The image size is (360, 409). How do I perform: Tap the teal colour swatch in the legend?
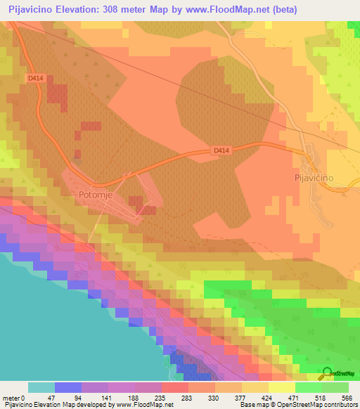click(41, 387)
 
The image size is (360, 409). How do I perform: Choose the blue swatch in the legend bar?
click(67, 387)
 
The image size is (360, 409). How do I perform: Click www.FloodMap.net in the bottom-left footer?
click(145, 405)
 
